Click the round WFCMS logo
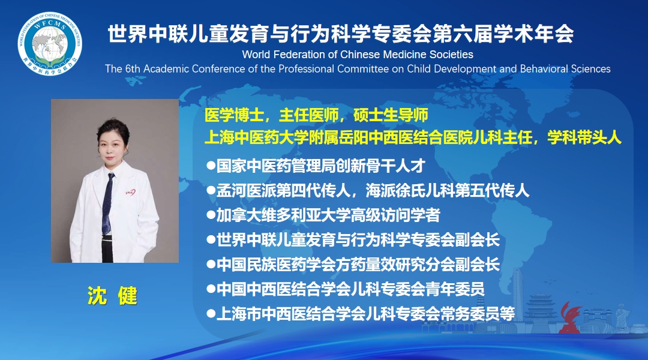click(50, 44)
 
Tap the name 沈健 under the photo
click(112, 296)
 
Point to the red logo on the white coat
click(130, 192)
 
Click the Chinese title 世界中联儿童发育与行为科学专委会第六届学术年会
click(341, 34)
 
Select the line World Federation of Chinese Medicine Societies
click(358, 55)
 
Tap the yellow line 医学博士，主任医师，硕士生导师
click(316, 115)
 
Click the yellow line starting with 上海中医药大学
click(413, 137)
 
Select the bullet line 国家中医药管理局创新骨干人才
click(316, 166)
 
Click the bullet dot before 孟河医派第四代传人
click(211, 191)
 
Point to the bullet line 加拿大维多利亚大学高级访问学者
click(323, 215)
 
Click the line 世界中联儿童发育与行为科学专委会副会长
click(353, 240)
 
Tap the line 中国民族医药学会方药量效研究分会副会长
click(353, 265)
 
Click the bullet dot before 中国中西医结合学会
click(211, 289)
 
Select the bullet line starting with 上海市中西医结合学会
click(361, 314)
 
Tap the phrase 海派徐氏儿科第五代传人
click(448, 191)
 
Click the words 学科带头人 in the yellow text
click(584, 137)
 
